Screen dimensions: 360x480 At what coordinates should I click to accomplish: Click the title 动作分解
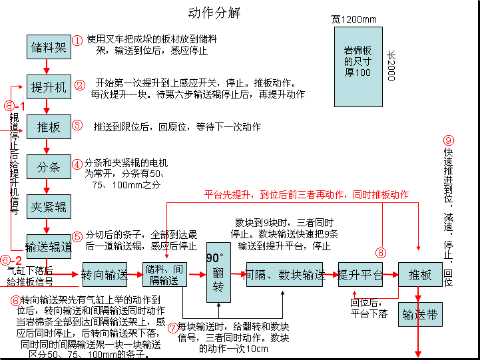(x=214, y=13)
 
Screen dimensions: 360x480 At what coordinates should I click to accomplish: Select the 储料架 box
(x=48, y=47)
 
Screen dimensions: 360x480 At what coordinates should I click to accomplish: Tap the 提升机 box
(x=48, y=87)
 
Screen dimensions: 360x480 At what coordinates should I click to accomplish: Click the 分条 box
(x=48, y=167)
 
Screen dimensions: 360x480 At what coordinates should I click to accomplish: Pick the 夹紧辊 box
(x=48, y=207)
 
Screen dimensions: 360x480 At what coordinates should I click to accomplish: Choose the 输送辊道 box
(x=49, y=247)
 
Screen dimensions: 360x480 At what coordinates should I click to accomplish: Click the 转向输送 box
(x=104, y=274)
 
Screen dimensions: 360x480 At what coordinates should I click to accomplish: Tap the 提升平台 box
(x=360, y=274)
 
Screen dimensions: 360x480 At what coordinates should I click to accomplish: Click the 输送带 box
(x=420, y=314)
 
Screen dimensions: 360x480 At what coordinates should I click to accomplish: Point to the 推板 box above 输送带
(x=420, y=274)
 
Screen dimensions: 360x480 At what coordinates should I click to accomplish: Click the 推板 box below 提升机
(x=48, y=126)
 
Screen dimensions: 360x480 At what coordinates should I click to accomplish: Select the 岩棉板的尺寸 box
(x=358, y=67)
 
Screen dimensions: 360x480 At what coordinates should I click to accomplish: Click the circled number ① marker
(x=77, y=41)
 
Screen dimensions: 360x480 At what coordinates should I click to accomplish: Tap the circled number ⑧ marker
(x=381, y=252)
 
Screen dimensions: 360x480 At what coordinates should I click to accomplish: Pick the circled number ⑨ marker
(x=448, y=140)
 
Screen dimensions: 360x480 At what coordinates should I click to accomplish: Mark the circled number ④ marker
(x=77, y=164)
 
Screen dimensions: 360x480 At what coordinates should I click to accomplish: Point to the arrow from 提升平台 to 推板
(x=390, y=274)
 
